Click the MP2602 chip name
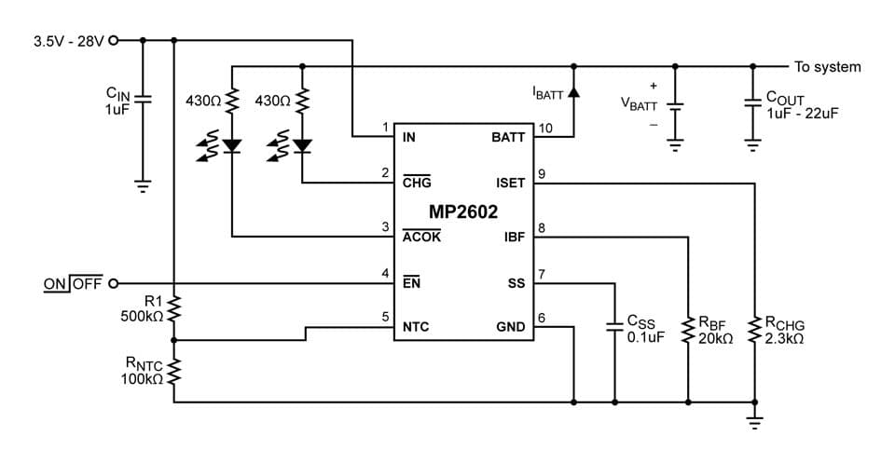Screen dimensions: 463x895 click(x=463, y=211)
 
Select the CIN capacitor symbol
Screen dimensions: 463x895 click(x=142, y=99)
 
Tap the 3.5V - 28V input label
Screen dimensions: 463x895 click(x=68, y=41)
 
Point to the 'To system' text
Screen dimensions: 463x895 click(x=827, y=67)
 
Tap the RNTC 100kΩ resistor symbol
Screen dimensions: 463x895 click(x=173, y=373)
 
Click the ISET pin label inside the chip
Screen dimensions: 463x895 click(x=510, y=184)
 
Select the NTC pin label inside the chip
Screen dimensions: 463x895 click(x=416, y=328)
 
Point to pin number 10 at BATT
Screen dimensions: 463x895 click(x=545, y=128)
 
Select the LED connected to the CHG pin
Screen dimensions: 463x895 click(x=301, y=144)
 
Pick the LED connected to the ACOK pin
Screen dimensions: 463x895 click(x=232, y=144)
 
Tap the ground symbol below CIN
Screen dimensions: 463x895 click(x=142, y=184)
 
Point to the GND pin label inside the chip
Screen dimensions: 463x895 click(x=511, y=328)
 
